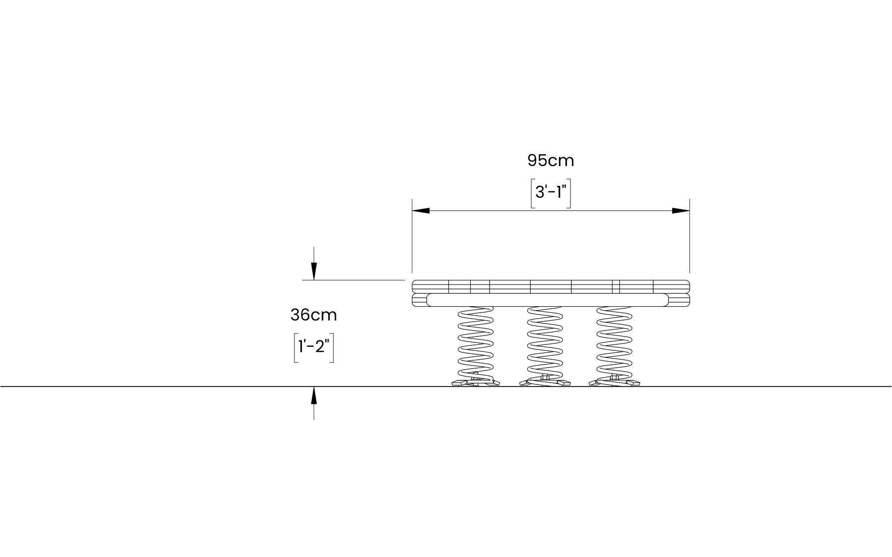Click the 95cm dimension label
551,161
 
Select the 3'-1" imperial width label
551,192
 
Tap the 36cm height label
313,315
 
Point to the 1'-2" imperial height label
314,346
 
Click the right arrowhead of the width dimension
681,211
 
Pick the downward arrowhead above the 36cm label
314,272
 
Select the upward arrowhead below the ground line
314,395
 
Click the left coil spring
476,342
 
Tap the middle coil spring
545,342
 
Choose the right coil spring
614,342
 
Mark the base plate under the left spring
476,382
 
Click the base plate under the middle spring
545,382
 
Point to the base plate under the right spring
614,382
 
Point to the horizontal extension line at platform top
353,280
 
